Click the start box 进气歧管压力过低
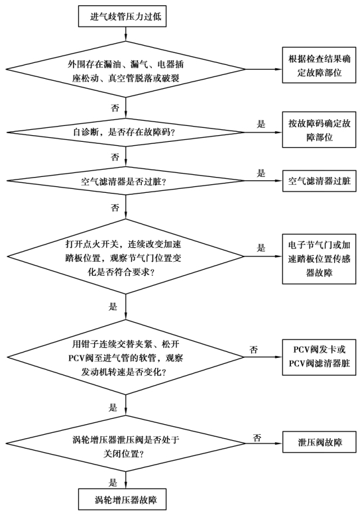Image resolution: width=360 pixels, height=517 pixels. coord(122,16)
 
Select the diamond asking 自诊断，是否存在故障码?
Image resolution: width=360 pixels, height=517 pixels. coord(125,133)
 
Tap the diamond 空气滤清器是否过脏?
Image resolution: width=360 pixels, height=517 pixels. coord(125,181)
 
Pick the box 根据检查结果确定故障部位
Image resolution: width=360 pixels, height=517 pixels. coord(319,65)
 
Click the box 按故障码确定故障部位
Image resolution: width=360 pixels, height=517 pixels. coord(319,129)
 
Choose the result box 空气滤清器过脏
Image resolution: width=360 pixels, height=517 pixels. coord(319,181)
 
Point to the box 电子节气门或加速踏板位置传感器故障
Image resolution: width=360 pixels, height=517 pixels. coord(319,258)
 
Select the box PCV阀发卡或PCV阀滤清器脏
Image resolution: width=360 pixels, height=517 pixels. coord(319,357)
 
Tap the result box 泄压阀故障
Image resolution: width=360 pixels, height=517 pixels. coord(319,442)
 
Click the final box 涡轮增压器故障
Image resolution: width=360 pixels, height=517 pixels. coord(122,499)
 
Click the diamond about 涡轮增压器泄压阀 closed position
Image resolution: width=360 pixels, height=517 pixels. coord(125,443)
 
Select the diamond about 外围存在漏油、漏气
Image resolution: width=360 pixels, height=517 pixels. coord(125,69)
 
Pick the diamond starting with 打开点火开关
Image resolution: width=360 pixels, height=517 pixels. coord(125,257)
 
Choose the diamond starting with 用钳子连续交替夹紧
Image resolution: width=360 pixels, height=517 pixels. coord(125,357)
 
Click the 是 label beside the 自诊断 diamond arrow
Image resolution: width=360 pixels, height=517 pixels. coord(261,124)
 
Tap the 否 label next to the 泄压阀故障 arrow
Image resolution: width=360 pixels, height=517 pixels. coord(257,438)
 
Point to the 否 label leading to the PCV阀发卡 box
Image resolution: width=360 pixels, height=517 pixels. coord(253,349)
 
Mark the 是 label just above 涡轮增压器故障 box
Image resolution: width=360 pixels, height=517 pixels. coord(113,483)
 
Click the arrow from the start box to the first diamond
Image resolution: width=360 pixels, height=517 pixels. coord(125,34)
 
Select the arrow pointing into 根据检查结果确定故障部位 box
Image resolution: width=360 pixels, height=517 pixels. coord(264,69)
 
